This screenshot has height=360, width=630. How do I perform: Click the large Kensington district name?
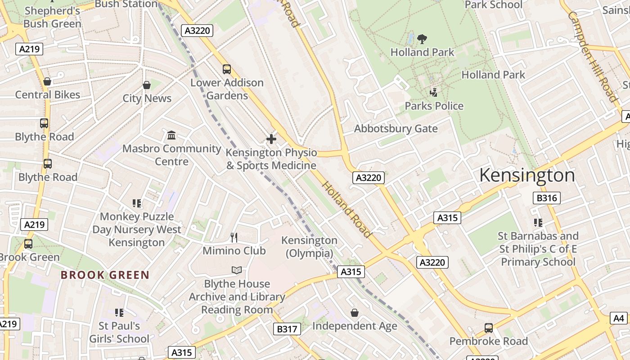(x=527, y=175)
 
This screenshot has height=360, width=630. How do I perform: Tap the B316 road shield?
(x=547, y=198)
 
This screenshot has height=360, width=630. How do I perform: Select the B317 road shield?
(x=287, y=329)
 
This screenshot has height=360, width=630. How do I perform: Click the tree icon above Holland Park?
(x=422, y=39)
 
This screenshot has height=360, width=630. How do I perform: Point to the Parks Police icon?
(x=434, y=93)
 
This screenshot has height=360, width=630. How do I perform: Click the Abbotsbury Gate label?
(x=396, y=129)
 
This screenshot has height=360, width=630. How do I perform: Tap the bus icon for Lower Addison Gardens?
(x=227, y=69)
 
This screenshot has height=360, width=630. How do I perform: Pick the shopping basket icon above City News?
(x=147, y=85)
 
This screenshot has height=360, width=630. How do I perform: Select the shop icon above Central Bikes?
(x=47, y=81)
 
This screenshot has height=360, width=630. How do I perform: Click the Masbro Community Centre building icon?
(x=171, y=135)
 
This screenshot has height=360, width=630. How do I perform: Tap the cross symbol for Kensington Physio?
(x=271, y=139)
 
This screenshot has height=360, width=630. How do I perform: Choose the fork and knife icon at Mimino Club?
(x=234, y=237)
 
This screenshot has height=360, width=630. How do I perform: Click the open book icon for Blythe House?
(x=237, y=270)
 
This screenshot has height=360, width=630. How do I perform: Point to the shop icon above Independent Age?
(x=355, y=312)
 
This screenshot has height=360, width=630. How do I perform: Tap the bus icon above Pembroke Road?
(x=488, y=328)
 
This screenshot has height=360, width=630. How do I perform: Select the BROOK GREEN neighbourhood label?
(x=105, y=275)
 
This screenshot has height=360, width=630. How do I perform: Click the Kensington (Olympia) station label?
(x=309, y=247)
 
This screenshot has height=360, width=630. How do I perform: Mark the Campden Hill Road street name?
(x=592, y=56)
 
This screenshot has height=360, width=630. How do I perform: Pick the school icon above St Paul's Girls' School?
(x=119, y=312)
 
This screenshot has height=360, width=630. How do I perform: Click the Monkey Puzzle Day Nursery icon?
(x=137, y=203)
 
